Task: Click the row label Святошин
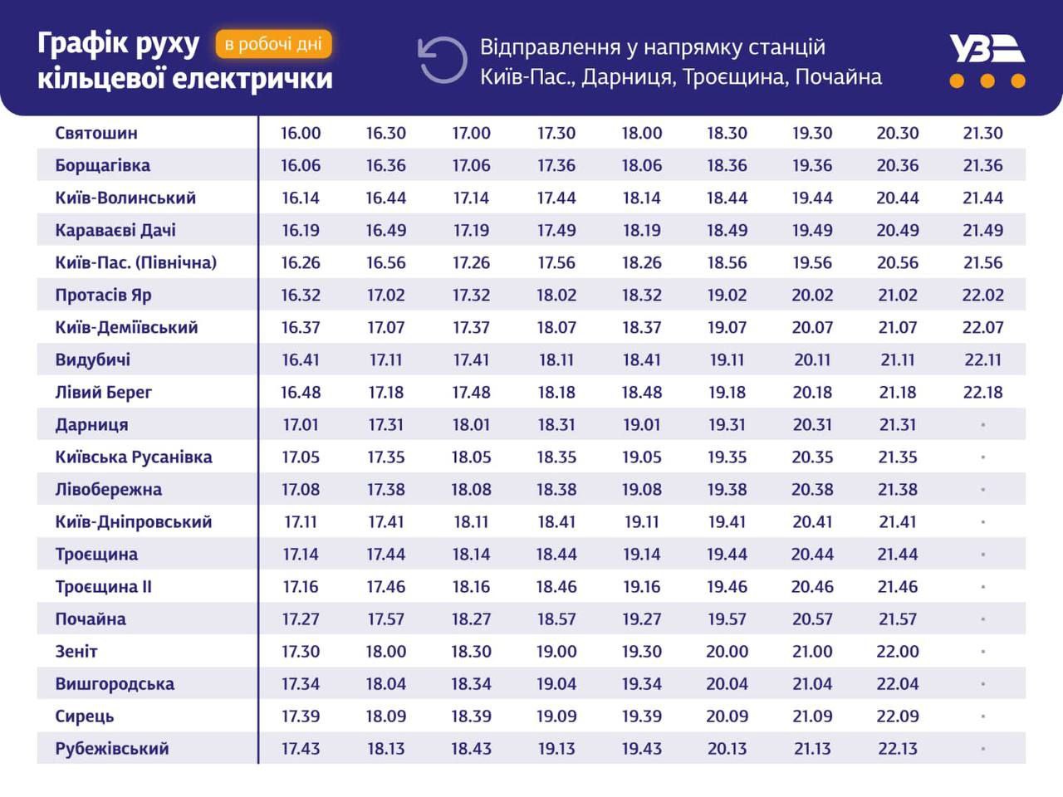tap(96, 133)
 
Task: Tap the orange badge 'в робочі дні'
tap(273, 44)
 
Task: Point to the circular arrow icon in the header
tap(443, 60)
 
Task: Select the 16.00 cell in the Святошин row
tap(301, 133)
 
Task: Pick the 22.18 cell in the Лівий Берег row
tap(982, 392)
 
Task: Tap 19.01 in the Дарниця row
tap(642, 424)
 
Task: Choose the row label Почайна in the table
tap(91, 619)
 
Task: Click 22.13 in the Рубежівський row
tap(898, 748)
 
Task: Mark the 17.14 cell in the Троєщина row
tap(301, 554)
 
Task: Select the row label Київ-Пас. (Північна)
tap(135, 262)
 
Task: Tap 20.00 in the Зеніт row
tap(727, 651)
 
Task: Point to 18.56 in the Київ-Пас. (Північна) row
tap(727, 262)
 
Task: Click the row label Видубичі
tap(92, 359)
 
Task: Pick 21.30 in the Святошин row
tap(982, 133)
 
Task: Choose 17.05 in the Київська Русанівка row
tap(301, 457)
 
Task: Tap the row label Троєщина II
tap(103, 586)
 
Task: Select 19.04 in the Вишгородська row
tap(556, 683)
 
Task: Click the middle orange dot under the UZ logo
tap(987, 81)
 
